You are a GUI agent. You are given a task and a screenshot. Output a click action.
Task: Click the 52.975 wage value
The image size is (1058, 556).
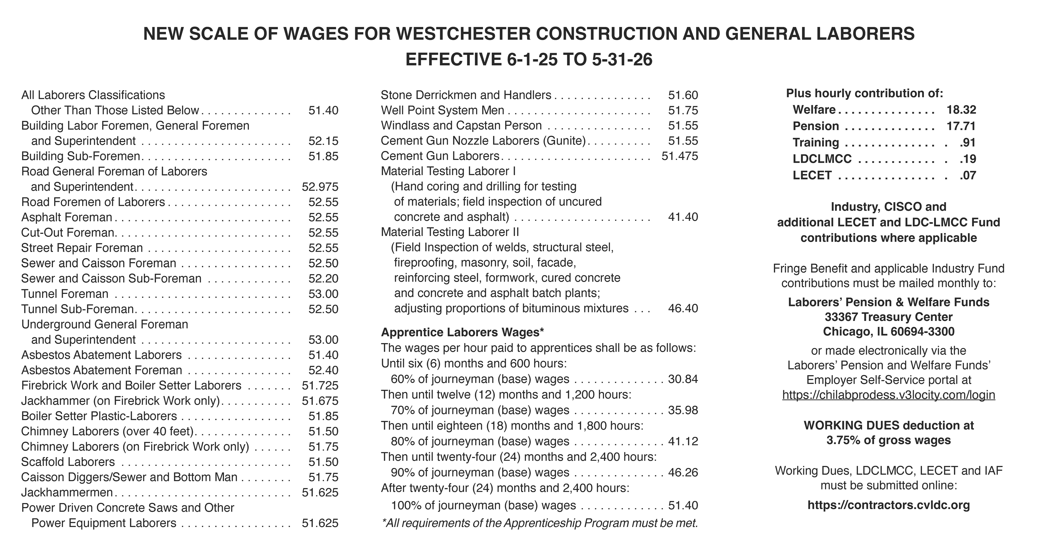[320, 187]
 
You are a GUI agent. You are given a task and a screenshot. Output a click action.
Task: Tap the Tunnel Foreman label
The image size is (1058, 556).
[65, 294]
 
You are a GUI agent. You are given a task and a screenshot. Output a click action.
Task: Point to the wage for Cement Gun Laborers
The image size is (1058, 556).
[680, 156]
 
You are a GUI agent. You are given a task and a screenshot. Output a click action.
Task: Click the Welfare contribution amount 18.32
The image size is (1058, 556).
[961, 110]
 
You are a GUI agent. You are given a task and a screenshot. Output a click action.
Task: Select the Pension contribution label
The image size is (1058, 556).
[816, 126]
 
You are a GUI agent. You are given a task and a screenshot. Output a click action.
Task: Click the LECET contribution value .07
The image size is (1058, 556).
[968, 175]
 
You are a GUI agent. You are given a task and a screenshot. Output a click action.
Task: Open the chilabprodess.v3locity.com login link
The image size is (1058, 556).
[888, 395]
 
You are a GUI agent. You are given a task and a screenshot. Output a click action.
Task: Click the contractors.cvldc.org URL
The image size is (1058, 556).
[888, 505]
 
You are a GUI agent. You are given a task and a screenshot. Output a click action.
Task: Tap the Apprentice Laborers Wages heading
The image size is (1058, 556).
[462, 332]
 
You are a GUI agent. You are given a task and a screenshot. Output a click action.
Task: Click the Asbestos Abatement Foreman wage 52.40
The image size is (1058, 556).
[323, 370]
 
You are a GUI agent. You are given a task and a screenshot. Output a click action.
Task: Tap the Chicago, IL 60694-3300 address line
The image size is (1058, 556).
[888, 332]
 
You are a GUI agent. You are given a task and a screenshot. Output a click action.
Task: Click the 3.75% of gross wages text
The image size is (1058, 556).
[888, 440]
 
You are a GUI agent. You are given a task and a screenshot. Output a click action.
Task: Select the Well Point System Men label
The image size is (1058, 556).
[442, 110]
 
